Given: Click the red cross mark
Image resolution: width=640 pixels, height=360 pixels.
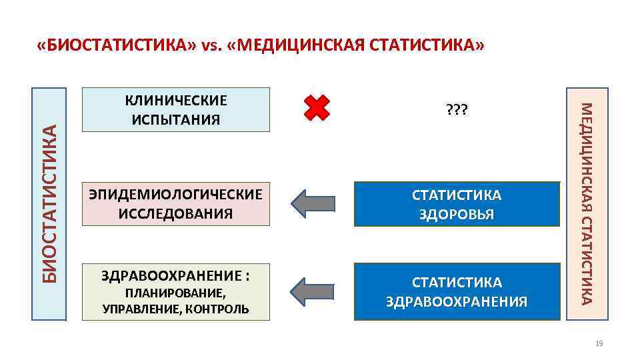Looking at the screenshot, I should click(317, 107).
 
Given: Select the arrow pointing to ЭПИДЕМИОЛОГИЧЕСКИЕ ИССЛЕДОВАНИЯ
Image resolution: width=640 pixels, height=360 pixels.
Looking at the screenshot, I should click(317, 203).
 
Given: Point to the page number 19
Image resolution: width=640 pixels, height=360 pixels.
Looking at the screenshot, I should click(598, 343).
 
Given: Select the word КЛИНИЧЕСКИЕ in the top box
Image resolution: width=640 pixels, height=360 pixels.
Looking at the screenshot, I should click(177, 101).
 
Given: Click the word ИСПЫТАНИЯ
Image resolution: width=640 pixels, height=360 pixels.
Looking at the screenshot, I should click(177, 120).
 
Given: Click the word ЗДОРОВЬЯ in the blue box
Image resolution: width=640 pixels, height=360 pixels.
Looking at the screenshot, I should click(457, 215).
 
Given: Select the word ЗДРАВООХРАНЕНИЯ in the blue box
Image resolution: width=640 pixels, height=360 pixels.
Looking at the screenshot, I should click(457, 302).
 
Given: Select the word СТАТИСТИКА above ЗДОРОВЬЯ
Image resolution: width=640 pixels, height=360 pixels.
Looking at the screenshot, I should click(457, 195).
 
